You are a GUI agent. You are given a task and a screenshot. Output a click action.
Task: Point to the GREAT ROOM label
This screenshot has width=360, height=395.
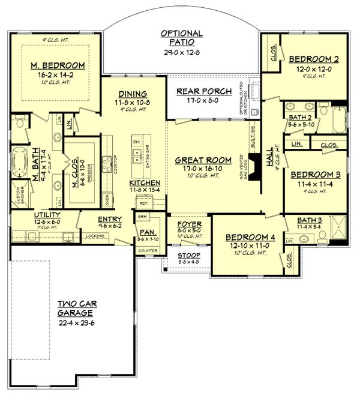point(199,160)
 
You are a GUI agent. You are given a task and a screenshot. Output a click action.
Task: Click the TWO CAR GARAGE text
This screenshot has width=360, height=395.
point(75,308)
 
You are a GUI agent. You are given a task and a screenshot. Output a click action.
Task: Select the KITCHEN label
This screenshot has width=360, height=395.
point(144,182)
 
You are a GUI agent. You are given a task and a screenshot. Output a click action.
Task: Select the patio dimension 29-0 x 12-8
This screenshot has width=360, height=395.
point(181,52)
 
